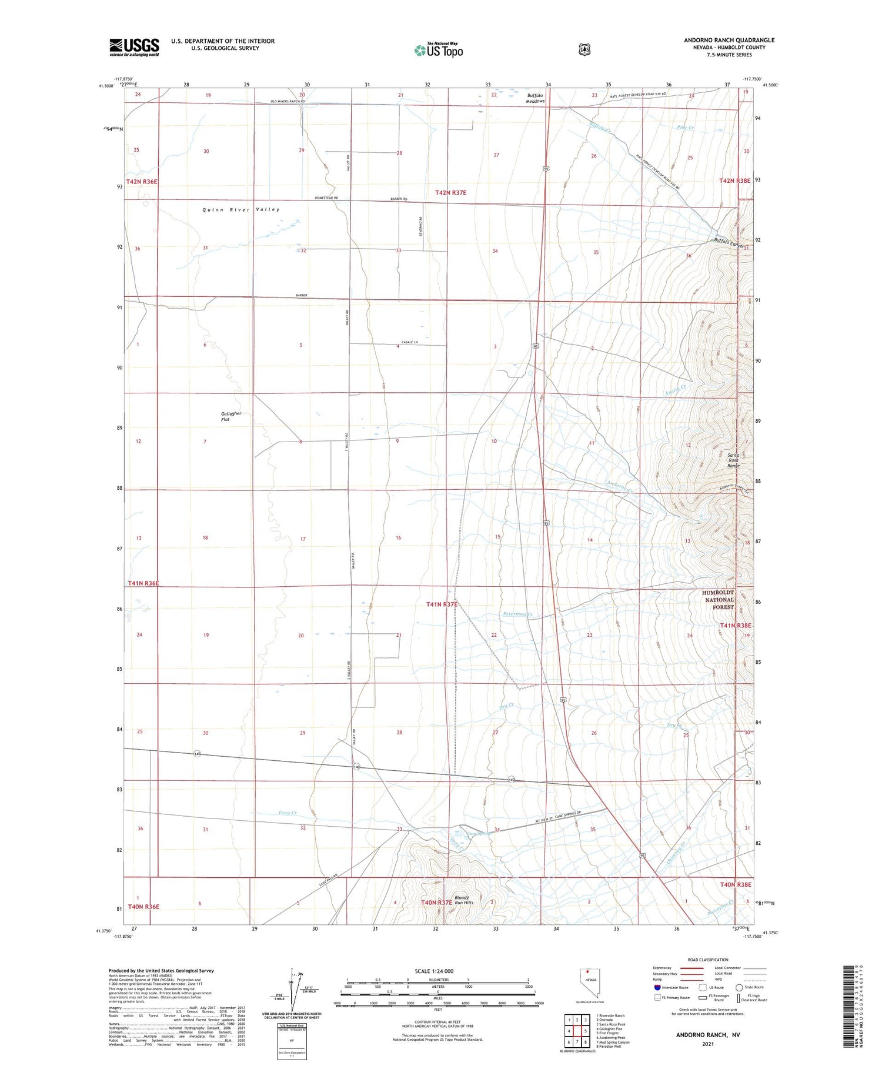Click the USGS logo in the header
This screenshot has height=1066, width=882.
[134, 47]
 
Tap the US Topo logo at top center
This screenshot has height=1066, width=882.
[438, 51]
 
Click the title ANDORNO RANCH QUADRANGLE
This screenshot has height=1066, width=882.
[729, 40]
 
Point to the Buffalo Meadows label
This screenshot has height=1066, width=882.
[535, 98]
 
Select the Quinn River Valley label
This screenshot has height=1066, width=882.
[241, 209]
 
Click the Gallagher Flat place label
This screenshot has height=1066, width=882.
[231, 416]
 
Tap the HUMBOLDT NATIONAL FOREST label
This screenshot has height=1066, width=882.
[718, 600]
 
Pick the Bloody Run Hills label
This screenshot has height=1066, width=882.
[463, 900]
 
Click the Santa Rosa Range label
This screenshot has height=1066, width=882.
[733, 460]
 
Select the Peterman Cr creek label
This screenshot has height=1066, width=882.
[517, 614]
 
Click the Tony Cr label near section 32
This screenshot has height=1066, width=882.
[288, 813]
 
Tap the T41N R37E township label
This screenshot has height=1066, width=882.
[442, 604]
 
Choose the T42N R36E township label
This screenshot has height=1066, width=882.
[142, 182]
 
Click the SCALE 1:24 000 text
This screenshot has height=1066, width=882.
[434, 971]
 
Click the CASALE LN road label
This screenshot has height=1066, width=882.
[409, 342]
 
